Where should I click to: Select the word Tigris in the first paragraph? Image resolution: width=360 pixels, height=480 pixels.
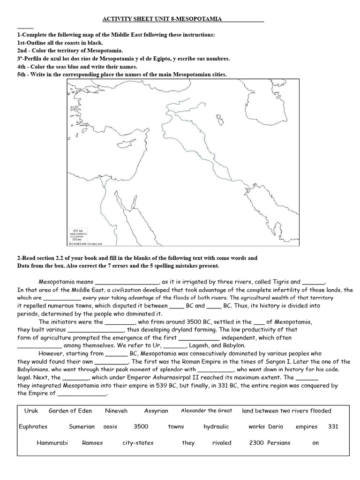pos(280,282)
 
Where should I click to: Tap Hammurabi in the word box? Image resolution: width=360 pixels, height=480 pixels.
pos(53,442)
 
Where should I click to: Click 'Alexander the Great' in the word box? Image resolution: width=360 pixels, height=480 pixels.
pos(206,411)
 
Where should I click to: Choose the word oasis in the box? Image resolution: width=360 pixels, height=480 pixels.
pos(110,427)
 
